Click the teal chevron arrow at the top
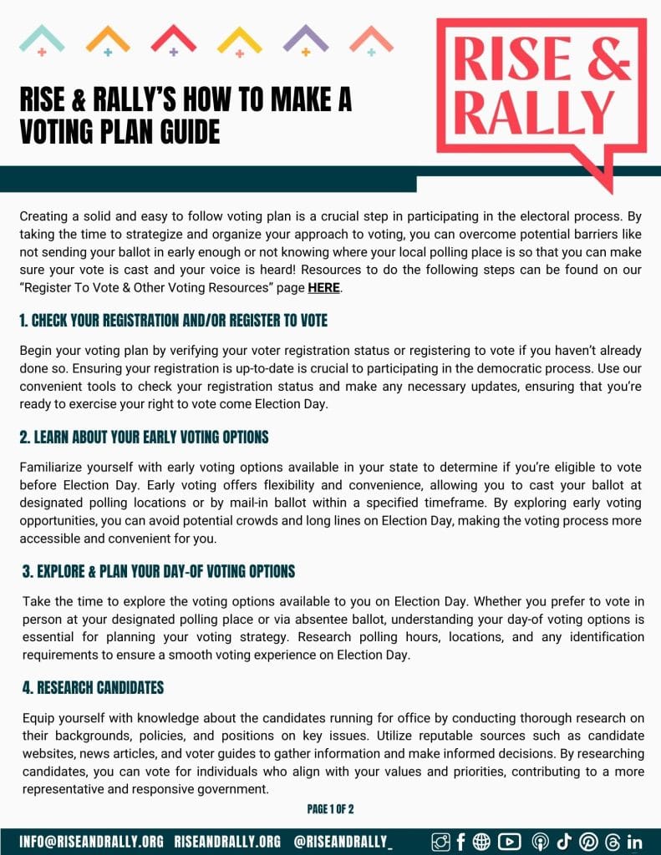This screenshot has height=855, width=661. tap(42, 38)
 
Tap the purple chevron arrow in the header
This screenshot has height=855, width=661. tap(305, 38)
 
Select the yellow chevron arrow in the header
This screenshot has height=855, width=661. tap(239, 39)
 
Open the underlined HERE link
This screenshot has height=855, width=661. tap(324, 289)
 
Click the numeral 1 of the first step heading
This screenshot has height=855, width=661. tap(23, 320)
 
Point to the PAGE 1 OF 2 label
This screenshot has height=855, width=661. tap(331, 809)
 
